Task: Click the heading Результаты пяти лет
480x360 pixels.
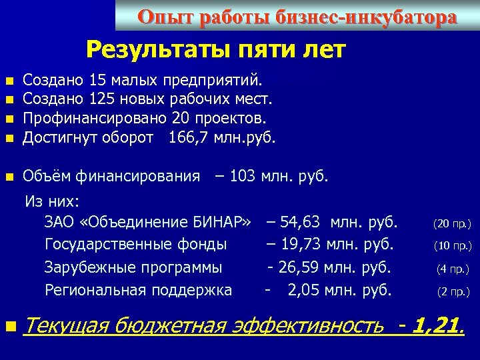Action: (x=216, y=49)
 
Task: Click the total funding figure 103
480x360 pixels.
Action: (x=241, y=176)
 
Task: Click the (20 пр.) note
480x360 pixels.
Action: (x=453, y=223)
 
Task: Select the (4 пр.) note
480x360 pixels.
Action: (x=453, y=269)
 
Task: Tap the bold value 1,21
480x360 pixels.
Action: (x=437, y=326)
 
